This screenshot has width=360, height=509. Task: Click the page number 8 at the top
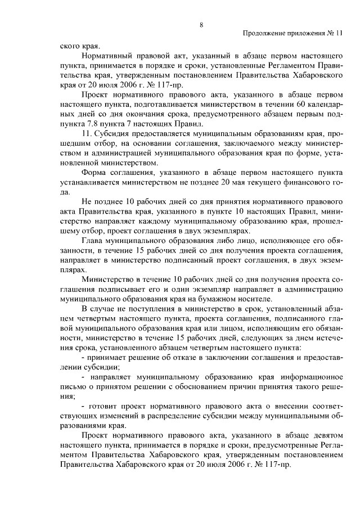pos(200,24)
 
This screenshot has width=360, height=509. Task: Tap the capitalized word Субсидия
pos(113,136)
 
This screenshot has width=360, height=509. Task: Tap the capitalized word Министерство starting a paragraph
pos(107,279)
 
